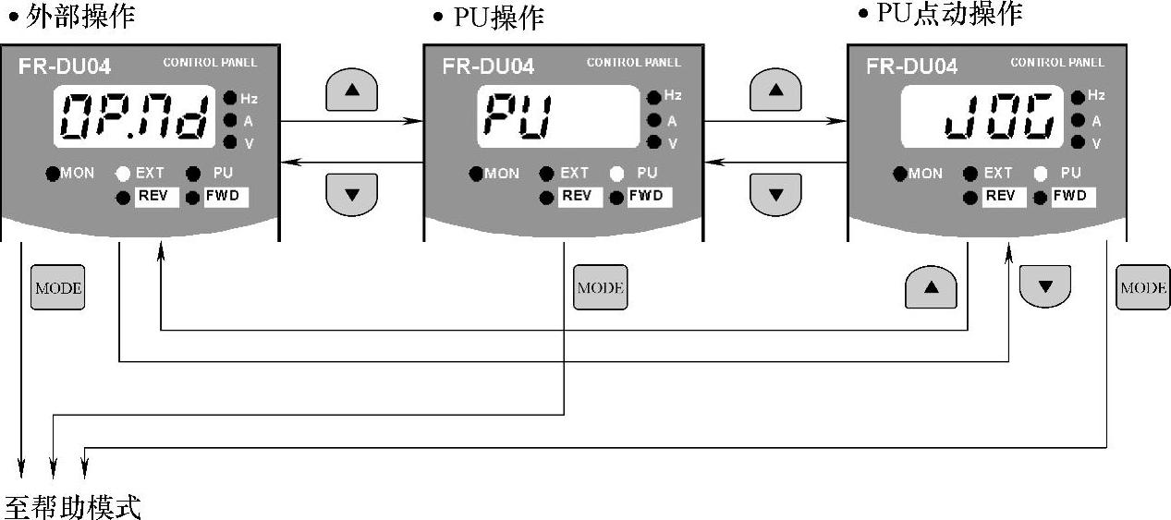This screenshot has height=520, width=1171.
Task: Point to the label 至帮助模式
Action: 73,506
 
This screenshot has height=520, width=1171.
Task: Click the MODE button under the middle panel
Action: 601,287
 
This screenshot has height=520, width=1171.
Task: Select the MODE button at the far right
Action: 1142,287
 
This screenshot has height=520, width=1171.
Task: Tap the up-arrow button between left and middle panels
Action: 352,91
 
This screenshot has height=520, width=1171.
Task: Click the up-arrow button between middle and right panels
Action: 775,91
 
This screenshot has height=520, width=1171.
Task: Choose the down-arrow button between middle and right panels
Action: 775,194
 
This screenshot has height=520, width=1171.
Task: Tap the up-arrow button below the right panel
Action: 931,287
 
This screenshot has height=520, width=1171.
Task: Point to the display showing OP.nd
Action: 134,116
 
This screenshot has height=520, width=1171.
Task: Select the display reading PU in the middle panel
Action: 558,116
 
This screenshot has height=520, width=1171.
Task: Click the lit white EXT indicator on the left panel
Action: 123,173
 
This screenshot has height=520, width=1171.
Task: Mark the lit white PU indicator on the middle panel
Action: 617,173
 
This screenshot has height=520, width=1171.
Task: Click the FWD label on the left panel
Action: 226,196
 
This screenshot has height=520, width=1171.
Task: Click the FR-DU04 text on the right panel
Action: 911,67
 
